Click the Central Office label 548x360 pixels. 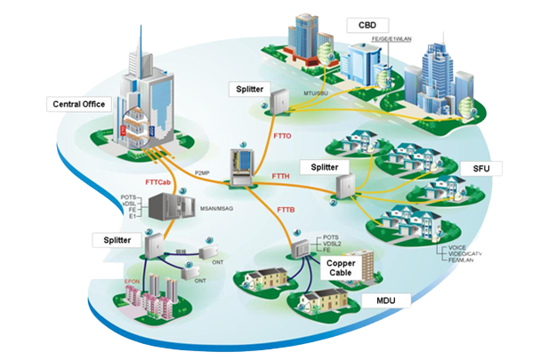[76, 105]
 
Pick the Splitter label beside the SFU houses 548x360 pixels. [318, 166]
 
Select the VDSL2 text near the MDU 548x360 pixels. [329, 244]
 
